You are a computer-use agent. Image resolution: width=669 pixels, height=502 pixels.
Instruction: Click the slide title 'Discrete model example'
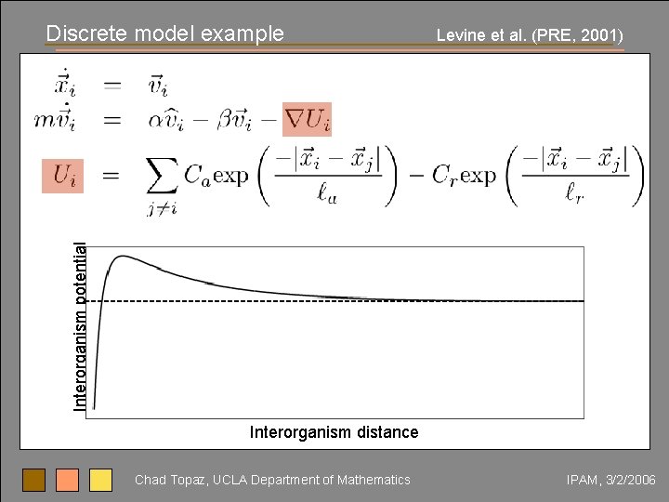[165, 33]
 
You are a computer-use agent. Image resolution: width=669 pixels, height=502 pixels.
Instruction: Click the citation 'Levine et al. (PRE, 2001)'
[530, 36]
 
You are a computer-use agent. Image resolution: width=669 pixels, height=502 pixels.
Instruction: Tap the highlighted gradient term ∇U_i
[307, 119]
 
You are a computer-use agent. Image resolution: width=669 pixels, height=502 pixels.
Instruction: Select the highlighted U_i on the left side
[63, 175]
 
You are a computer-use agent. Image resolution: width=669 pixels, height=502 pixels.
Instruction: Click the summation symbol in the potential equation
[163, 177]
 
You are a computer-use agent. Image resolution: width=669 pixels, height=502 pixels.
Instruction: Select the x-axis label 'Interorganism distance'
[334, 432]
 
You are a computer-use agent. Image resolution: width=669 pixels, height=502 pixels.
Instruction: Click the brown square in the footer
[34, 480]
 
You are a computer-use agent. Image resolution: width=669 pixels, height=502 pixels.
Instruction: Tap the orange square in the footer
[68, 480]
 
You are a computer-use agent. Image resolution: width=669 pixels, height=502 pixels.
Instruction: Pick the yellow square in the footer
[100, 480]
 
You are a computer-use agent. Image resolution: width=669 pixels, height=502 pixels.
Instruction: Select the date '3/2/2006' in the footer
[632, 480]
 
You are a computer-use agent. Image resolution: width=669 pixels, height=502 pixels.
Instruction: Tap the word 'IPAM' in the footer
[584, 480]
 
